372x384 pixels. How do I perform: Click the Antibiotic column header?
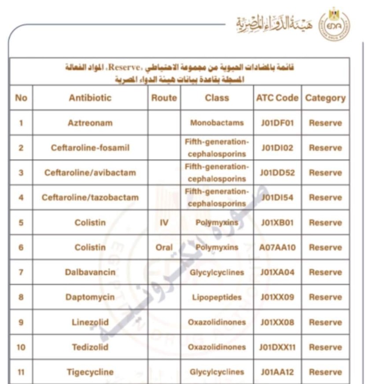tap(90, 98)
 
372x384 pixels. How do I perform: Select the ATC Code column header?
tap(277, 98)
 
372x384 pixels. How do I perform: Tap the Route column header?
tap(164, 98)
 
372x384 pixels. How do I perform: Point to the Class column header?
tap(217, 98)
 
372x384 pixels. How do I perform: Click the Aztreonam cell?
tap(90, 123)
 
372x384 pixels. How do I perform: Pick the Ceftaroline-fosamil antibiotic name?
tap(90, 148)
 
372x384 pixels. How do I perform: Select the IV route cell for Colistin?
tap(164, 223)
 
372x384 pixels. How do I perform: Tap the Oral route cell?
tap(164, 247)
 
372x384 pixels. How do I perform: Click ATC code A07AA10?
tap(277, 247)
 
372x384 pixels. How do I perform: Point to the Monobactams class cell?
tap(217, 123)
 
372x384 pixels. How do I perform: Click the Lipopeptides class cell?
tap(217, 297)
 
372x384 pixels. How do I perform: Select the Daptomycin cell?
tap(90, 297)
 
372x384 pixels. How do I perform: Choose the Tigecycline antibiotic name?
tap(90, 372)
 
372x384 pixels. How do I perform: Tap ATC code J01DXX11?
tap(277, 347)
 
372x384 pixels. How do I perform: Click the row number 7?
tap(21, 272)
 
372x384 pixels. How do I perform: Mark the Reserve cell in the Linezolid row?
tap(325, 322)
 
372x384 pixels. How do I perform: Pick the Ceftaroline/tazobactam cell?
tap(90, 197)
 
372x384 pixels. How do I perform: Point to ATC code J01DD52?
tap(277, 172)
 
